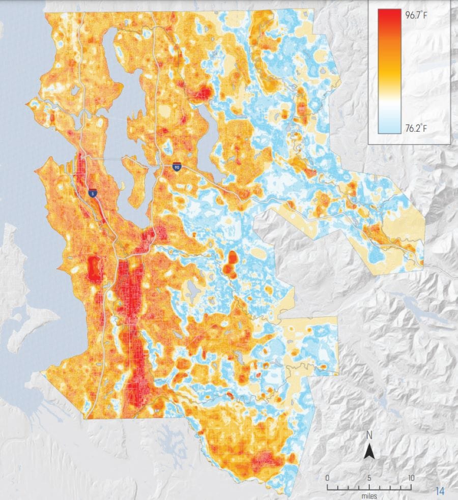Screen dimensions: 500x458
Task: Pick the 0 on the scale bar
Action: point(327,478)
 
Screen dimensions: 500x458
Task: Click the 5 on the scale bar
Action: point(369,478)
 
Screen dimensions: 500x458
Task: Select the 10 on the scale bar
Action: point(410,478)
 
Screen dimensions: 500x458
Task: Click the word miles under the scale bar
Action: point(369,495)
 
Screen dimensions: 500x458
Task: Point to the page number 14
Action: point(440,491)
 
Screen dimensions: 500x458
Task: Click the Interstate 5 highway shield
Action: point(92,193)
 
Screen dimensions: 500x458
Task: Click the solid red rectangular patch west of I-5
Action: point(94,268)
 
